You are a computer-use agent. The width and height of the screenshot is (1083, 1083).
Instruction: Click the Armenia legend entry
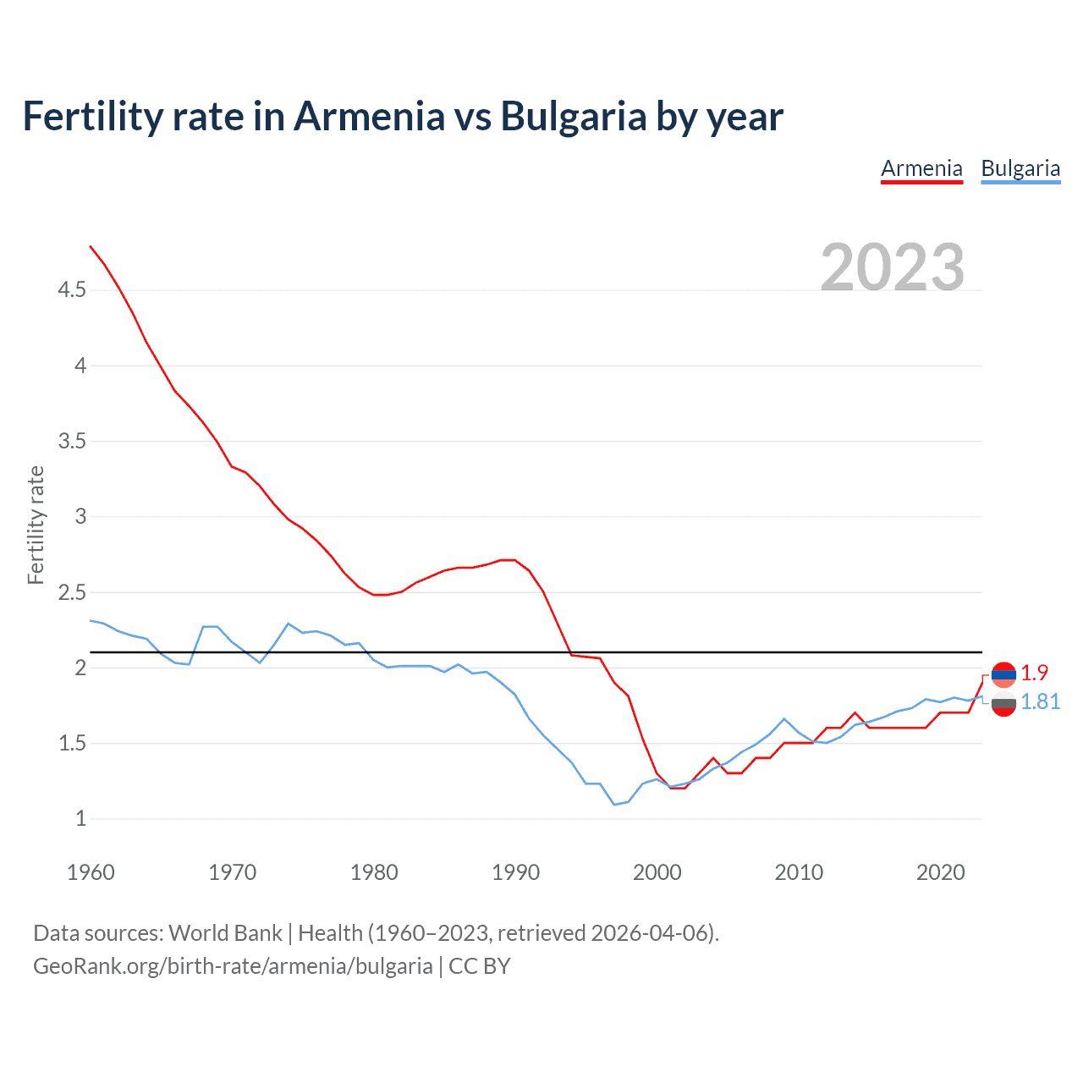click(x=921, y=168)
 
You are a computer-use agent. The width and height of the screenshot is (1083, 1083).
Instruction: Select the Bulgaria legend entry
click(x=1020, y=168)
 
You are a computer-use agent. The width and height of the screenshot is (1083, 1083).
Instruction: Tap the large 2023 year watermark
click(x=892, y=267)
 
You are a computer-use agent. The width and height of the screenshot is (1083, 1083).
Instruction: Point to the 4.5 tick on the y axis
click(x=72, y=290)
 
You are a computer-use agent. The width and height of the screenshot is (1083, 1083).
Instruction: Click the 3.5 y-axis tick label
click(x=72, y=441)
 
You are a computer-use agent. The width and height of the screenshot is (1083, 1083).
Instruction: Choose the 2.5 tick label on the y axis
click(x=72, y=592)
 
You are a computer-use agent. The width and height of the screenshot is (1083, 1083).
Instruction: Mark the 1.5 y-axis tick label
click(x=72, y=743)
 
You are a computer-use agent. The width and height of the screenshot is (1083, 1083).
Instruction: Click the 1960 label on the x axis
click(x=91, y=872)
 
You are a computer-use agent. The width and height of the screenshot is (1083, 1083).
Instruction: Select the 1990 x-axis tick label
click(x=515, y=872)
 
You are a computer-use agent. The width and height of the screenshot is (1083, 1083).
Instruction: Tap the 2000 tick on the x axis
click(x=657, y=872)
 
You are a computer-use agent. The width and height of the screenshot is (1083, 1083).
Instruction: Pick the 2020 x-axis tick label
click(x=940, y=872)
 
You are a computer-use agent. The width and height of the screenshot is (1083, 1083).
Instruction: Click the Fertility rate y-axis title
click(x=36, y=525)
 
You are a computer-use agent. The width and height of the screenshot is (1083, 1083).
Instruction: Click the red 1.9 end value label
click(x=1034, y=673)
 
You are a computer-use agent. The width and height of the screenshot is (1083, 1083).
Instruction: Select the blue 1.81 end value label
click(x=1040, y=701)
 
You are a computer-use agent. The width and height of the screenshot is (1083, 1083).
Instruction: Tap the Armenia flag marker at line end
click(x=1003, y=674)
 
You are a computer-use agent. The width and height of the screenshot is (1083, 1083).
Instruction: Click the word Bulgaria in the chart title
click(x=574, y=116)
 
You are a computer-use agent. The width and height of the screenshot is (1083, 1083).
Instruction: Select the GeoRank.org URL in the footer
click(x=233, y=965)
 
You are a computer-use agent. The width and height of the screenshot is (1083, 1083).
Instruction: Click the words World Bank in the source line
click(x=225, y=932)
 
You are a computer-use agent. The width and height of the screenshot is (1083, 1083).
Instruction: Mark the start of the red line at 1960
click(x=91, y=246)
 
